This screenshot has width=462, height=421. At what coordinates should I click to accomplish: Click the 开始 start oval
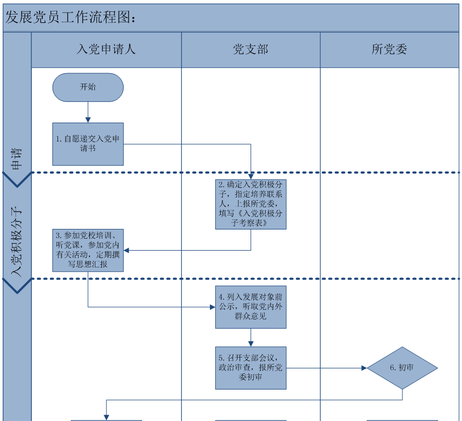88,87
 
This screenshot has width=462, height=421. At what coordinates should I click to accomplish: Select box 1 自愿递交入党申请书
88,144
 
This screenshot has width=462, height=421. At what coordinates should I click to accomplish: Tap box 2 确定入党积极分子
251,204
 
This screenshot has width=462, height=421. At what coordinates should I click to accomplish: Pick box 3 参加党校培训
88,250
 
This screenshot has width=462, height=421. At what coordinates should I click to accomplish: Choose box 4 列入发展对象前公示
251,307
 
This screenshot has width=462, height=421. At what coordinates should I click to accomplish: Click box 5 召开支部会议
251,368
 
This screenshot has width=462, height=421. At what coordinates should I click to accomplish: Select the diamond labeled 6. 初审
402,368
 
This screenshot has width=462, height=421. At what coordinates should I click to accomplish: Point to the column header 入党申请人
106,49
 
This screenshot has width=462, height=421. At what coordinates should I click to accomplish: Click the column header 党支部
251,49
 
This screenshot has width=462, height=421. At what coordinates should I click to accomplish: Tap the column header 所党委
389,49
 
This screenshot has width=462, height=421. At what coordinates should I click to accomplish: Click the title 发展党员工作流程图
70,17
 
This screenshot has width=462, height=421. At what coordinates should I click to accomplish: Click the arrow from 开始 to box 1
88,112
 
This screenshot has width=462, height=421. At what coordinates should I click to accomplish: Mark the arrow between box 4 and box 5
251,337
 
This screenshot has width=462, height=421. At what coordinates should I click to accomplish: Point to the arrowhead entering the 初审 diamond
364,368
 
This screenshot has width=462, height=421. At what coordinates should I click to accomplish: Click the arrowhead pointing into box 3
127,250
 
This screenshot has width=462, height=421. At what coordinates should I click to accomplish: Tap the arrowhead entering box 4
213,307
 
